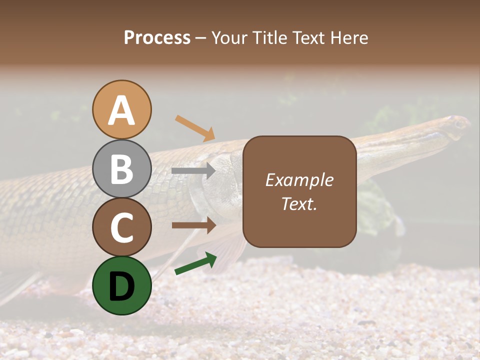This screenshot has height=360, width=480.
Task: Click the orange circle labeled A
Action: (122, 109)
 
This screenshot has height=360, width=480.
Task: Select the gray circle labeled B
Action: (122, 168)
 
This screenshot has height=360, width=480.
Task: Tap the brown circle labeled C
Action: (122, 227)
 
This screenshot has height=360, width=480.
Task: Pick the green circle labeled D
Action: (122, 285)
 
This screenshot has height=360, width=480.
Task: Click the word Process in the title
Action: (157, 38)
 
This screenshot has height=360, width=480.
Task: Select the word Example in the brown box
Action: (299, 180)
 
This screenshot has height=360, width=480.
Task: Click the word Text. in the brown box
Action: (299, 203)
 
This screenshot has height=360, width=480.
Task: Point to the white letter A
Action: (122, 110)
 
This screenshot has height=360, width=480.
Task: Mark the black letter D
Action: (122, 286)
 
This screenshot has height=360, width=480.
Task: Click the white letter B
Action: (122, 169)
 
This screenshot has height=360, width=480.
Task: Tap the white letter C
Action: (122, 227)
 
